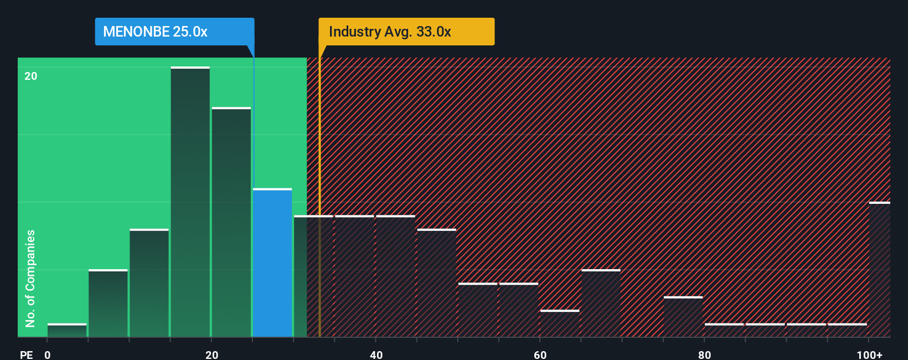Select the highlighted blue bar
[x=272, y=263]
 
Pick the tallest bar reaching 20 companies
[x=190, y=202]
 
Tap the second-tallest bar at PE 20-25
[x=231, y=222]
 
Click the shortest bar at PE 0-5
[x=67, y=330]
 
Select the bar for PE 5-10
[x=108, y=303]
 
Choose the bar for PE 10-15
[x=149, y=282]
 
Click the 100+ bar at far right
[x=879, y=270]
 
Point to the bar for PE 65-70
[x=601, y=303]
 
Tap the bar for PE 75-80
[x=683, y=317]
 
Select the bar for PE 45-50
[x=436, y=282]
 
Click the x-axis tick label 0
[x=48, y=354]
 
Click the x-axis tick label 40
[x=376, y=354]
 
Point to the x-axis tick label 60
[x=540, y=354]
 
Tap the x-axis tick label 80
[x=704, y=354]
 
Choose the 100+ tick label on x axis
[x=869, y=354]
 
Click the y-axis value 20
[x=31, y=76]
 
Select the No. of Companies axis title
[x=30, y=278]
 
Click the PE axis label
[x=27, y=354]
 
